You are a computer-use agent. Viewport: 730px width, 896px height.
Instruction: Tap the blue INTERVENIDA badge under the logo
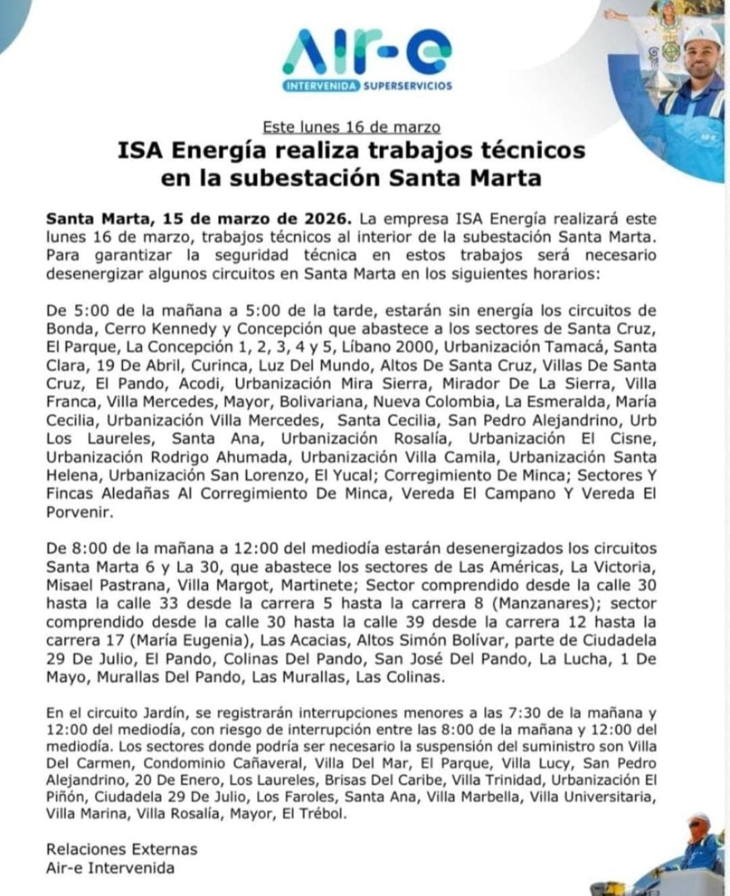click(321, 86)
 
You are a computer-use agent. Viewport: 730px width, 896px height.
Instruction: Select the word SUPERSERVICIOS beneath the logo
click(408, 86)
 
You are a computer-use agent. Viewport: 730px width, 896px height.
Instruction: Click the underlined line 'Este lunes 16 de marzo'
click(351, 126)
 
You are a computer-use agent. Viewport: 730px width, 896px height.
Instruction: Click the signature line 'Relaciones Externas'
click(122, 849)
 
